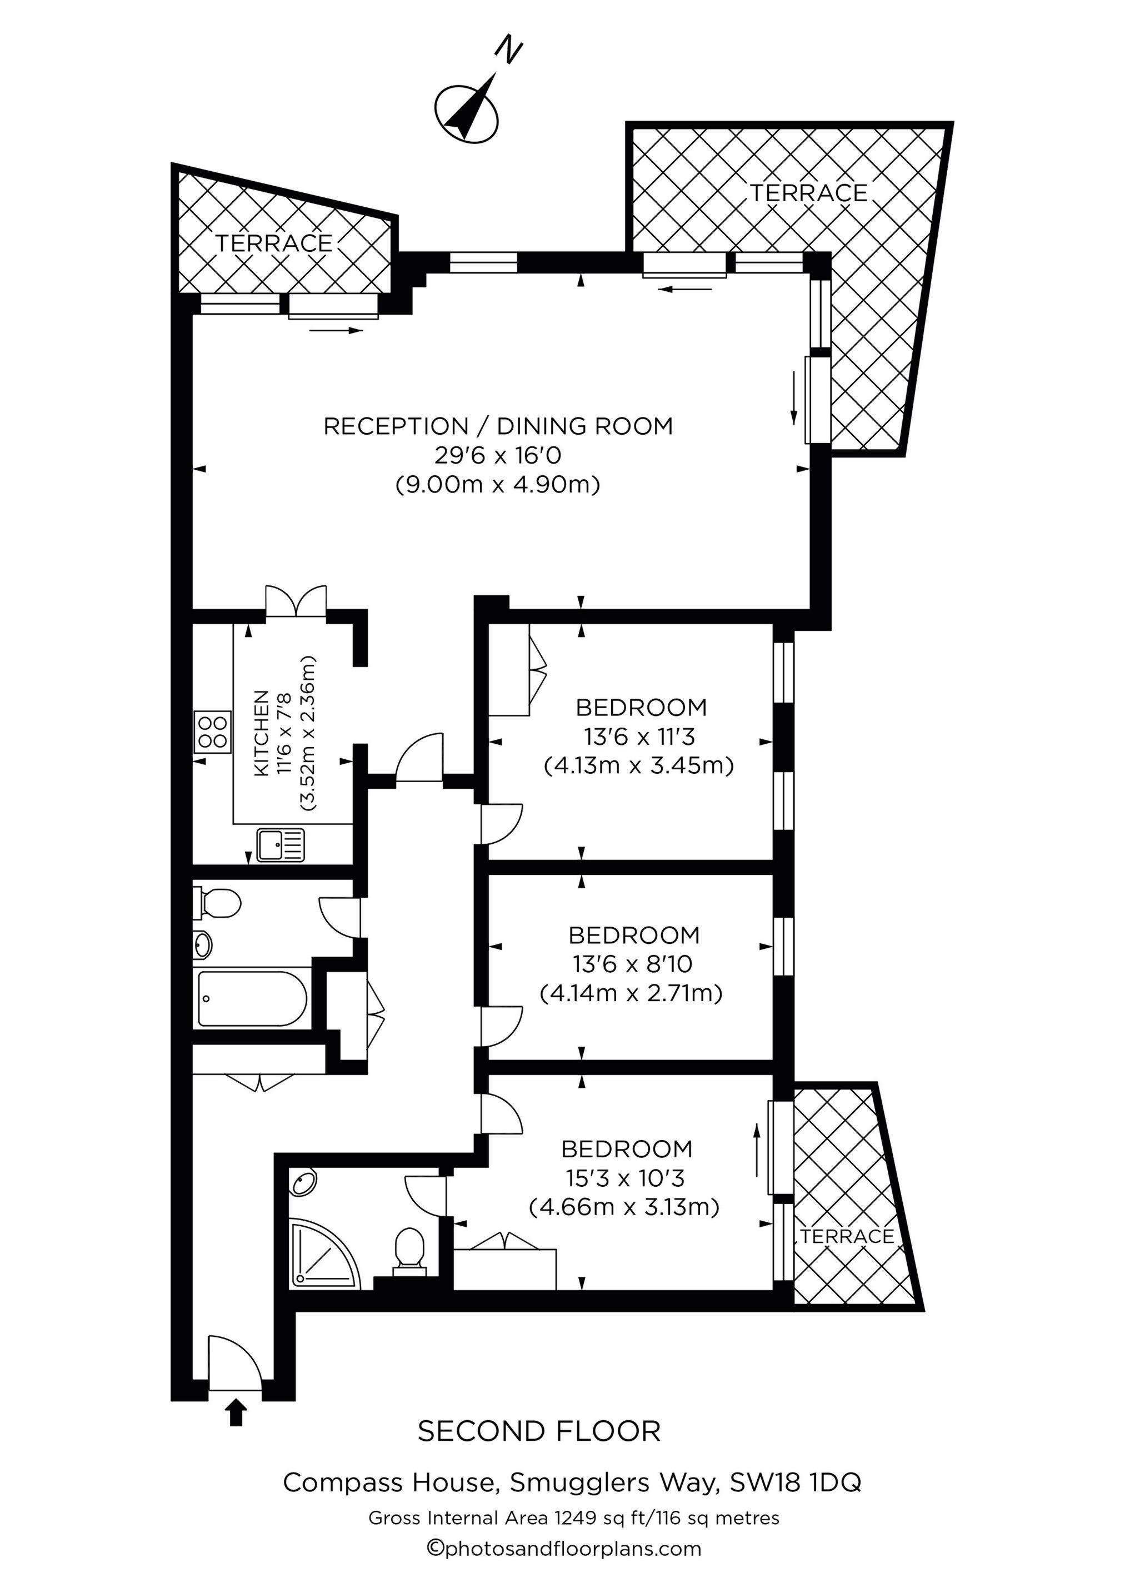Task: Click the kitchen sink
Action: click(x=280, y=845)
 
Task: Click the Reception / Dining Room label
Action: click(x=498, y=426)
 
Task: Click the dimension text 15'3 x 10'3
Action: click(x=625, y=1178)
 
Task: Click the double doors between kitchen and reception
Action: click(x=296, y=601)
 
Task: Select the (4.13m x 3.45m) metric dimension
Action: click(x=638, y=765)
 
